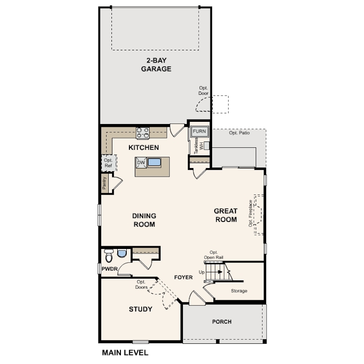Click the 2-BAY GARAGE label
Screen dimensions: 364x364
(156, 65)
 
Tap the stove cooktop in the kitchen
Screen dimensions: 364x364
(143, 133)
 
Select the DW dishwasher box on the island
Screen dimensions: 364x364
(141, 163)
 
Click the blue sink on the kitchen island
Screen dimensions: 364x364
(155, 162)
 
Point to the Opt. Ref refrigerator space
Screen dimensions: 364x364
(109, 163)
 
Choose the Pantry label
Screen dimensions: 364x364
(104, 183)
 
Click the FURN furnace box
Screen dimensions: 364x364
(199, 131)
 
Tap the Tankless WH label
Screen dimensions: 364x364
(199, 146)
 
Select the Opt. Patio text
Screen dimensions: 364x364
(240, 133)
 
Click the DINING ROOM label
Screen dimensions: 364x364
(144, 220)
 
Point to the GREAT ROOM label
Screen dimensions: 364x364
(226, 215)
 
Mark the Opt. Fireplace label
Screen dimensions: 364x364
(250, 213)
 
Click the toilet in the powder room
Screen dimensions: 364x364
(109, 255)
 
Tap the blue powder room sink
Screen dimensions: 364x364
(122, 253)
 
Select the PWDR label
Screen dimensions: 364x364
(110, 269)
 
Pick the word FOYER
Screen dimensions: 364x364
(183, 277)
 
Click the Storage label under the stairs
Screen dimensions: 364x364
(239, 291)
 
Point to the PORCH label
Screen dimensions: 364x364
(222, 322)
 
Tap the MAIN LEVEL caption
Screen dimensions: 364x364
(125, 353)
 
